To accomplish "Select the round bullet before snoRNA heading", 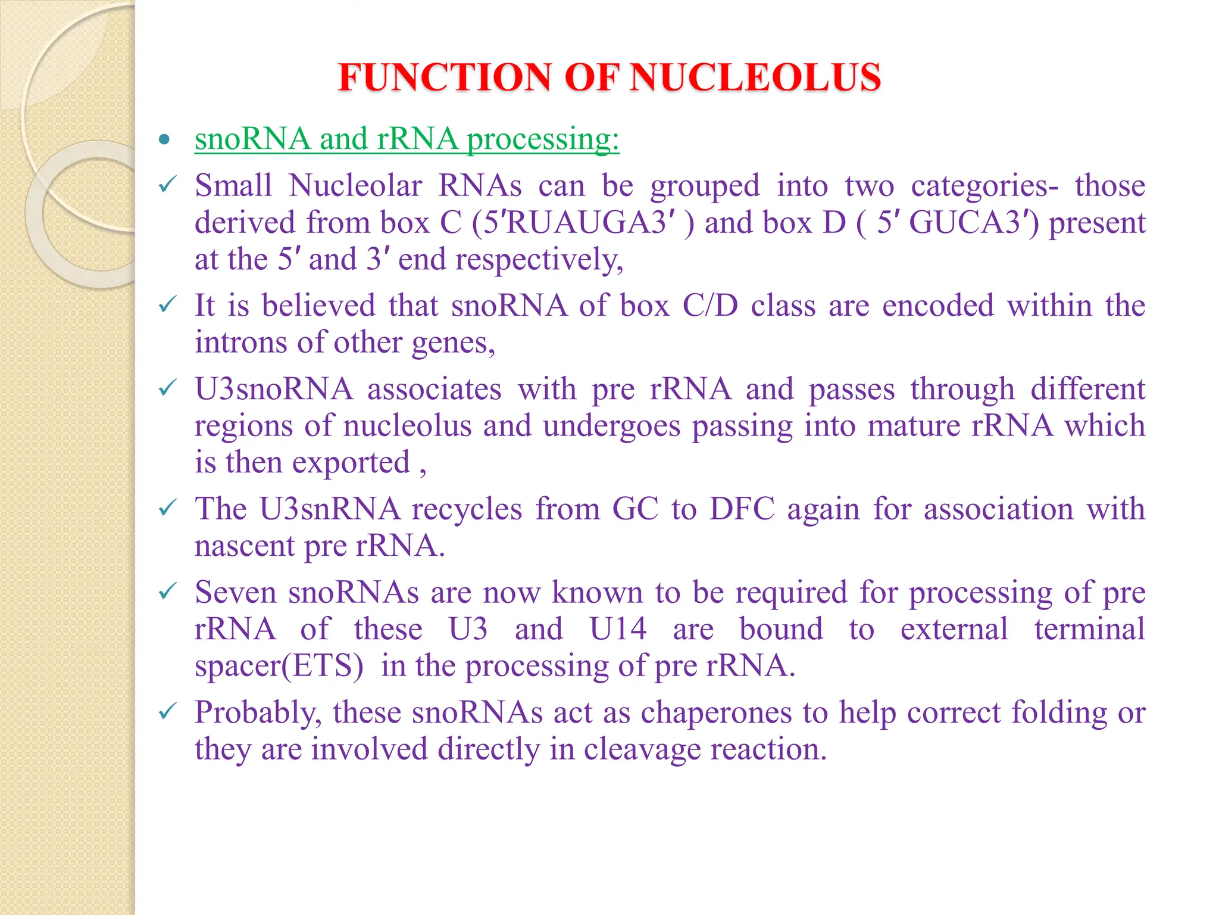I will coord(165,140).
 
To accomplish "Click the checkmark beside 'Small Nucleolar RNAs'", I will coord(167,185).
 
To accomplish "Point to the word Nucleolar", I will coord(355,185).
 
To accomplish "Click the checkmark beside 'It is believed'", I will coord(167,305).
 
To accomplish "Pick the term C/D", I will coord(710,306).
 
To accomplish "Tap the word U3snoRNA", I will coord(274,390).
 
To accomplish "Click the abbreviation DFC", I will coord(742,509).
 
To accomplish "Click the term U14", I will coord(617,629).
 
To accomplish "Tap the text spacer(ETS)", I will coord(279,666).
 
